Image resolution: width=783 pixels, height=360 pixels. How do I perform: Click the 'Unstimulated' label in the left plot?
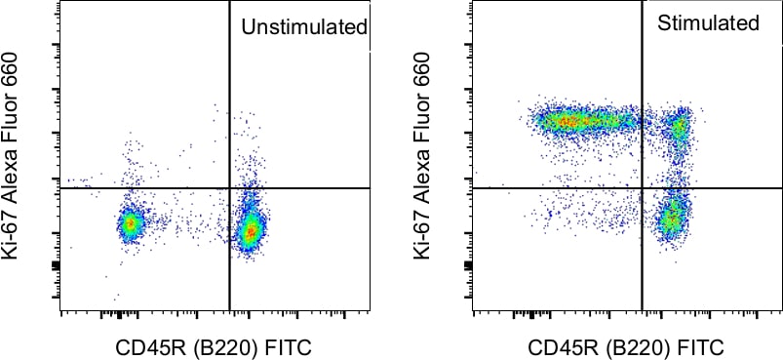click(303, 26)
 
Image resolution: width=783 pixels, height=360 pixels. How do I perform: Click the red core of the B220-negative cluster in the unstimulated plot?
click(130, 224)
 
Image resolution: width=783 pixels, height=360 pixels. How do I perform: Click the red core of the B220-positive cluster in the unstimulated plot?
click(252, 232)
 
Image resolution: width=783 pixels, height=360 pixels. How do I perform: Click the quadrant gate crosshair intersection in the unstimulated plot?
click(229, 187)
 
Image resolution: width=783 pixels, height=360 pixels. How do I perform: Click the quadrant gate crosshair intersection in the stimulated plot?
click(642, 187)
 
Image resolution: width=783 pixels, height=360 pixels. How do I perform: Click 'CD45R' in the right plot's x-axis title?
click(562, 347)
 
